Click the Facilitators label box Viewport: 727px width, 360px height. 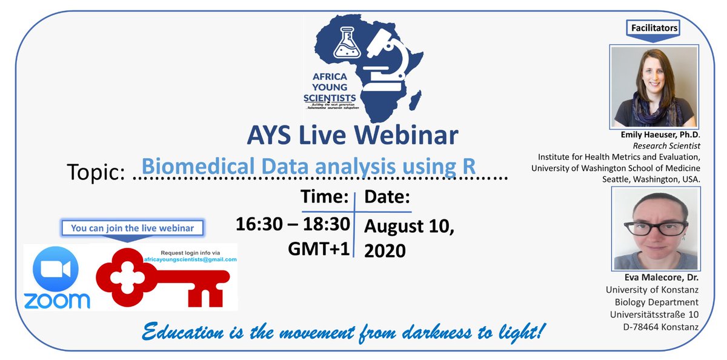pos(654,28)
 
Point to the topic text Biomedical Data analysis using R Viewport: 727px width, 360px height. pos(308,166)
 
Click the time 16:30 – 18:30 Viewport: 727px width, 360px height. pos(293,224)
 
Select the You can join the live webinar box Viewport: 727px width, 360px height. pos(133,228)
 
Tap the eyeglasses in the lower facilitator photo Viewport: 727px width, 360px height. pos(656,229)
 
